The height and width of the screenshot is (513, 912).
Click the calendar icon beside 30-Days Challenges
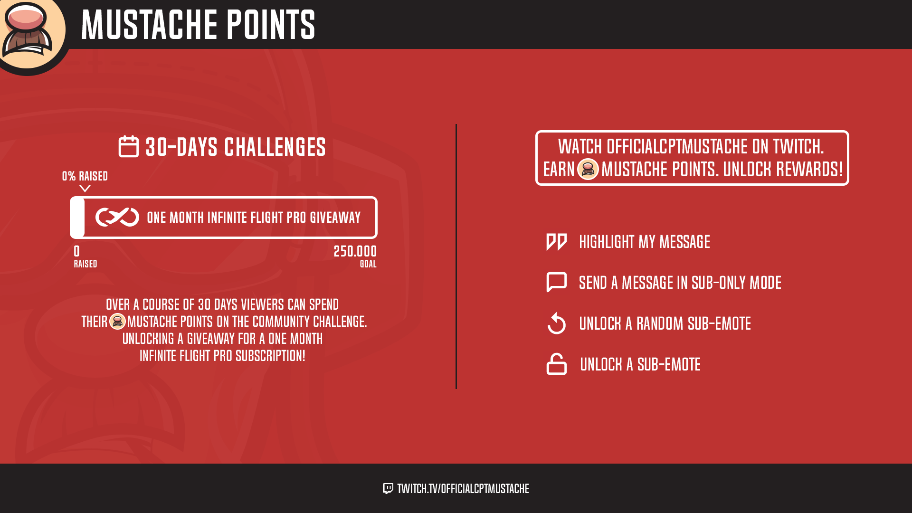(x=128, y=146)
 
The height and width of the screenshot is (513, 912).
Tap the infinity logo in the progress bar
(x=117, y=217)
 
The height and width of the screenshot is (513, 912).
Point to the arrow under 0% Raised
(x=85, y=189)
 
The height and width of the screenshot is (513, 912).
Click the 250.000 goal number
(x=355, y=251)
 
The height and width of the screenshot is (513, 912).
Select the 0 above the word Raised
(x=77, y=251)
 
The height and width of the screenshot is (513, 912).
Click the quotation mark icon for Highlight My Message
(x=557, y=242)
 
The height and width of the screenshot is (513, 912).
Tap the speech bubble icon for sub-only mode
(x=557, y=282)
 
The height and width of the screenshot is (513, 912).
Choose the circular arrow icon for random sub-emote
(x=557, y=323)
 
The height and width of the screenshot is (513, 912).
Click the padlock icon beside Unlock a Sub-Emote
(x=557, y=364)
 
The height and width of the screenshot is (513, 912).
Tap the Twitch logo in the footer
(x=388, y=488)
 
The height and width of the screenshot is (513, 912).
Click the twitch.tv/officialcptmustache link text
(x=463, y=488)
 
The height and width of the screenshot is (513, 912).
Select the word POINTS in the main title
(x=270, y=24)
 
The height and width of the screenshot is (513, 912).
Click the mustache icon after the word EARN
(x=588, y=169)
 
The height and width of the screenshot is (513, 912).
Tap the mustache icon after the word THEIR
(x=117, y=322)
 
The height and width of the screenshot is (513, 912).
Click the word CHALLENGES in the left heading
(x=275, y=147)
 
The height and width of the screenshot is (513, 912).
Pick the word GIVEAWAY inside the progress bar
(x=335, y=218)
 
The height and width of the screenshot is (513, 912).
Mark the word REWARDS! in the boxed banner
(x=809, y=169)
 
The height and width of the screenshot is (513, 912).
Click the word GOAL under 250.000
(x=368, y=264)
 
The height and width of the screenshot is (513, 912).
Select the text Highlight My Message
(x=645, y=242)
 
